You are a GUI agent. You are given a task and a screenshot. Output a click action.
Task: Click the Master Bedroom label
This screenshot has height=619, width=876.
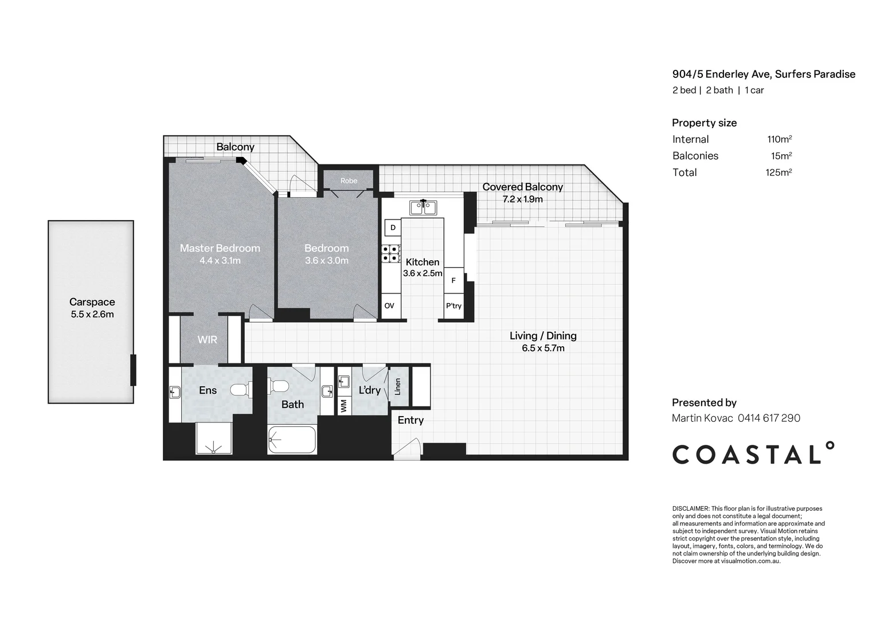pos(220,248)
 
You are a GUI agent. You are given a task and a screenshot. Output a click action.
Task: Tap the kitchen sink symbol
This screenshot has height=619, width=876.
pos(423,207)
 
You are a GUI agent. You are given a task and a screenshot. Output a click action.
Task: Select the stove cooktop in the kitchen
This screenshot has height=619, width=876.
pos(391,253)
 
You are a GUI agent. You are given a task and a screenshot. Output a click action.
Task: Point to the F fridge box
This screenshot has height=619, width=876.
pos(453,280)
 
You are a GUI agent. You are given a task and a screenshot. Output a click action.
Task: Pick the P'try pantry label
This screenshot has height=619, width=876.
pos(453,306)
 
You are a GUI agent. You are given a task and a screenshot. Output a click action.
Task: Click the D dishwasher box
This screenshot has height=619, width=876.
pos(393,228)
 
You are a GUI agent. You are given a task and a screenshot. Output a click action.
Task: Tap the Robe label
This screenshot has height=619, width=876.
pos(349,181)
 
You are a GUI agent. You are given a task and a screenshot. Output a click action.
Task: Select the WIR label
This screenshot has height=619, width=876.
pos(208,339)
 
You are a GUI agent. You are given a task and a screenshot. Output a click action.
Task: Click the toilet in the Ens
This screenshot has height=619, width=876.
pos(241,390)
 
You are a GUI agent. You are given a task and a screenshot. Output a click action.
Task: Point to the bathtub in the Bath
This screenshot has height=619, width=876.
pos(292,440)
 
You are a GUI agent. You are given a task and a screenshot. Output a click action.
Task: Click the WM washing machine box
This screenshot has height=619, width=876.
pos(344,405)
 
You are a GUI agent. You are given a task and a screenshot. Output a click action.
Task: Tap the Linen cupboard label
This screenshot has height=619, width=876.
pos(398,386)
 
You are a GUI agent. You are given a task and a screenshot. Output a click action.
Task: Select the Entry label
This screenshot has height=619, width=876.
pos(410,420)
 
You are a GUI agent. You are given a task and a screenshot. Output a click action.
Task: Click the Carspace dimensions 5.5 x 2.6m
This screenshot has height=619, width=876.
pos(92,315)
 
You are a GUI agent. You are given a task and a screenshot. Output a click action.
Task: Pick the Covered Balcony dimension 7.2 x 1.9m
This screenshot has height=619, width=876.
pos(522,199)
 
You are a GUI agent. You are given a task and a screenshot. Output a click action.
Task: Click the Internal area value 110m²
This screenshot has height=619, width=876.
pos(780,139)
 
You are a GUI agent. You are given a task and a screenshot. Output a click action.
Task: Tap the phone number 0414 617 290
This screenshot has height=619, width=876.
pos(769,418)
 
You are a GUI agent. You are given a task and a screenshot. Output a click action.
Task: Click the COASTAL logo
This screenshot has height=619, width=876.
pos(753,453)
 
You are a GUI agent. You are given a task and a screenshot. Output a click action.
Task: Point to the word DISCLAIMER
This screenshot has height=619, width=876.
pos(690,509)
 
